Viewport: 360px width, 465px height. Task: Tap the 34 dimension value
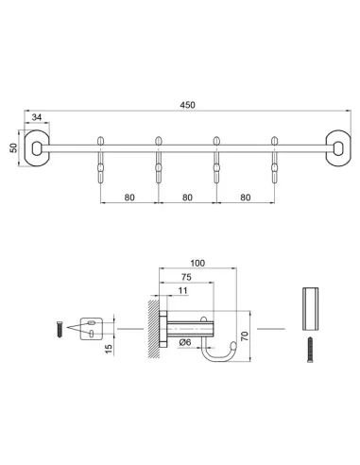point(37,118)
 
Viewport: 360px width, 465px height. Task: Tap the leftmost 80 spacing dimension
point(128,198)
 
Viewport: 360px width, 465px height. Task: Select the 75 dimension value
point(188,279)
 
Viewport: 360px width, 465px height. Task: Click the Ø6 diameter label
point(185,343)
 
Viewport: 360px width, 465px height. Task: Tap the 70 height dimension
point(243,335)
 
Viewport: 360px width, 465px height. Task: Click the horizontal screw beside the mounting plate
point(59,330)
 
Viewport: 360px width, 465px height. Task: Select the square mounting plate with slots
point(90,328)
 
